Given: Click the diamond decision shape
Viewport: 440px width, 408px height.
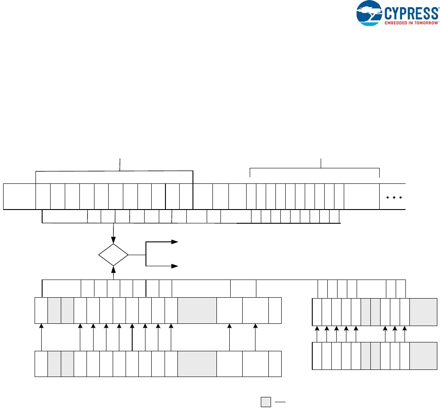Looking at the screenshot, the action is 114,255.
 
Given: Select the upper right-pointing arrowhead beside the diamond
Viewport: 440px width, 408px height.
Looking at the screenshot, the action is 175,242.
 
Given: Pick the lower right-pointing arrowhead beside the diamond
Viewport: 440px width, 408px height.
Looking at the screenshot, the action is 175,266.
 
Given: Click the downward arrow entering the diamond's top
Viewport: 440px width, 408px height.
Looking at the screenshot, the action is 114,239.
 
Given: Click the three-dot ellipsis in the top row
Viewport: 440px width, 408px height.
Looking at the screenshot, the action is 393,198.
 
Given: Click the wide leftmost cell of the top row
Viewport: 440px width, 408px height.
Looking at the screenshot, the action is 19,196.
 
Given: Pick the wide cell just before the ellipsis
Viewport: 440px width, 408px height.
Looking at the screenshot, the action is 361,196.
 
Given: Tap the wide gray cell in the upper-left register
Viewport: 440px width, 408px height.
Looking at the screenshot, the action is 197,311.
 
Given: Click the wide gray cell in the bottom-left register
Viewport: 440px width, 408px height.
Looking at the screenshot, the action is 197,364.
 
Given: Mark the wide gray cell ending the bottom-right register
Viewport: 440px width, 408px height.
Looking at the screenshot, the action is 423,356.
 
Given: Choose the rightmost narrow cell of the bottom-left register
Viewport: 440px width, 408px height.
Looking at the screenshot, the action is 275,364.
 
